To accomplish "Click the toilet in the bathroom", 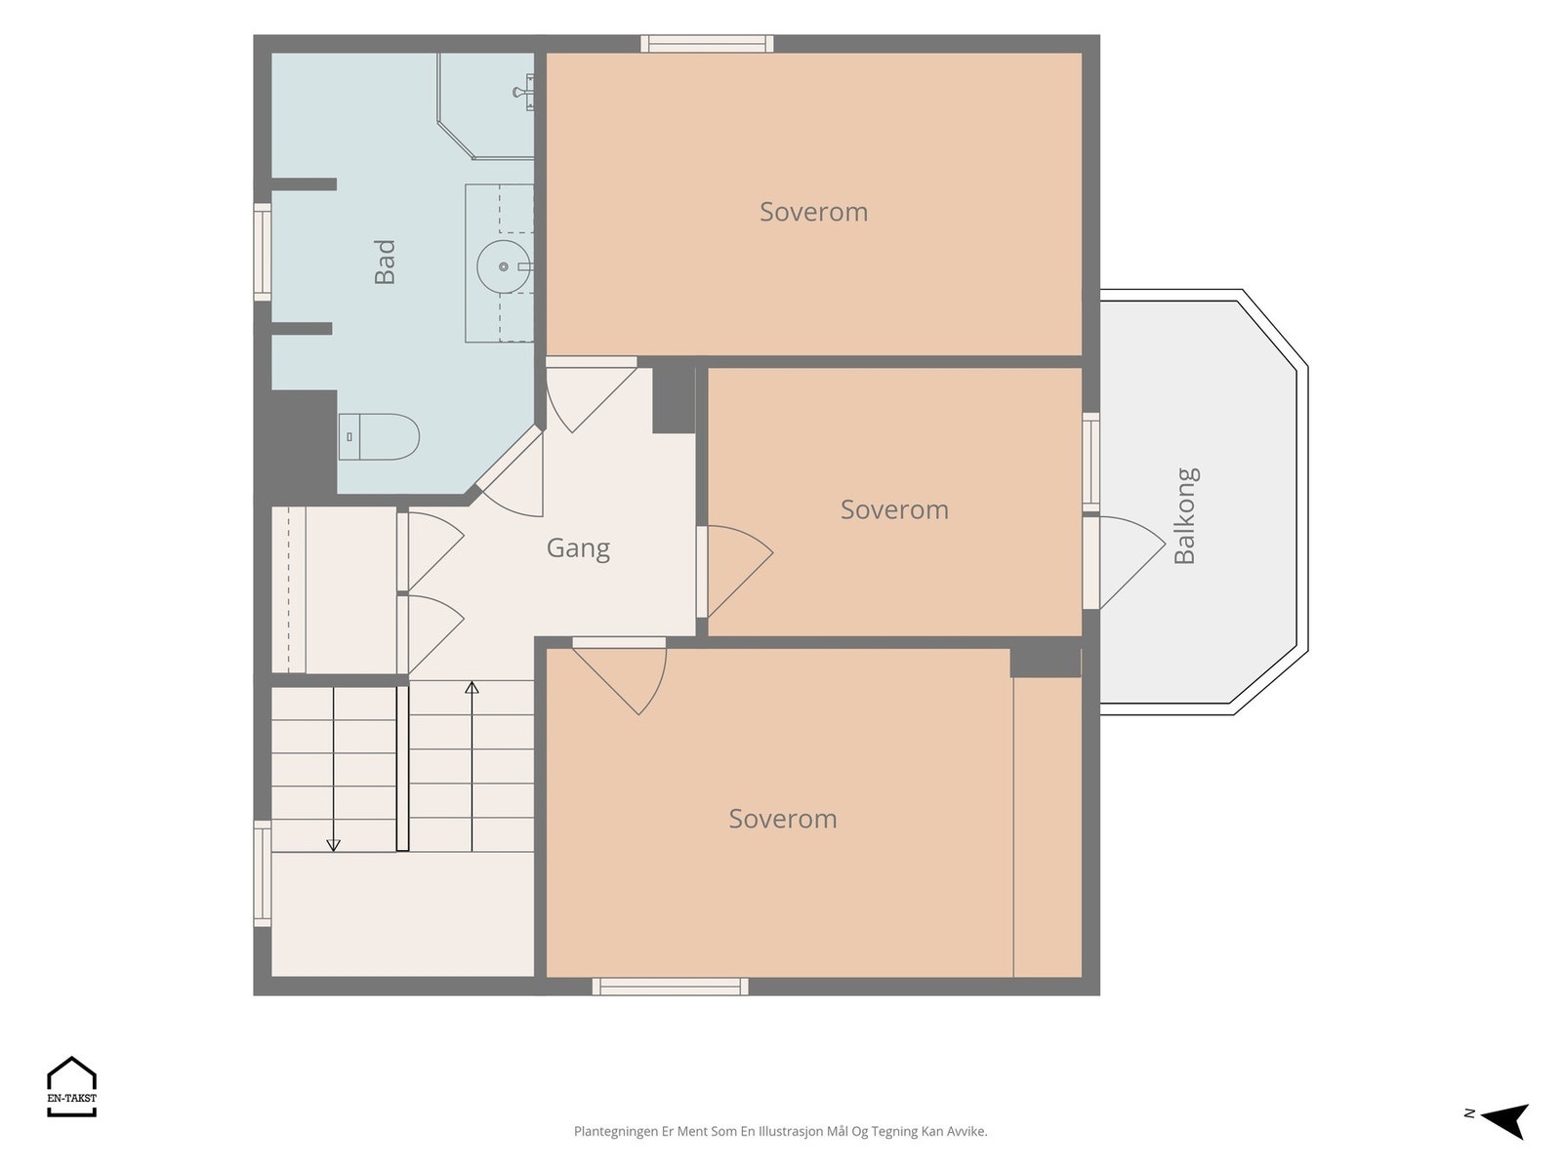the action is pos(379,436).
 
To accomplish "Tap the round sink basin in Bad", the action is pos(504,266).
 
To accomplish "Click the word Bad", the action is pos(385,262).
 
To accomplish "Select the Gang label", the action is pos(578,548).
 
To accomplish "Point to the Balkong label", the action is pos(1185,515).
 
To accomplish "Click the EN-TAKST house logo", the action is pos(72,1086).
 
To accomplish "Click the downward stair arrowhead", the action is pos(333,845).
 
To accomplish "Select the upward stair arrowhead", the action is pos(472,688).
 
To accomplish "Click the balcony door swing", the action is pos(1131,562).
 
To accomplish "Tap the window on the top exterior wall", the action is pos(707,44).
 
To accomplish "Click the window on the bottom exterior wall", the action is pos(670,987).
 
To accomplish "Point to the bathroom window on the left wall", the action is pos(263,252).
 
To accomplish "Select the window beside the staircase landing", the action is pos(263,873).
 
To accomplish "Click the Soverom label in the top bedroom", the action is pos(813,212).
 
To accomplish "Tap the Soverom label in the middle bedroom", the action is pos(894,509).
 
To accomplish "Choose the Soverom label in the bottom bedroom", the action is pos(783,819).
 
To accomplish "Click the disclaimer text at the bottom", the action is pos(781,1131).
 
